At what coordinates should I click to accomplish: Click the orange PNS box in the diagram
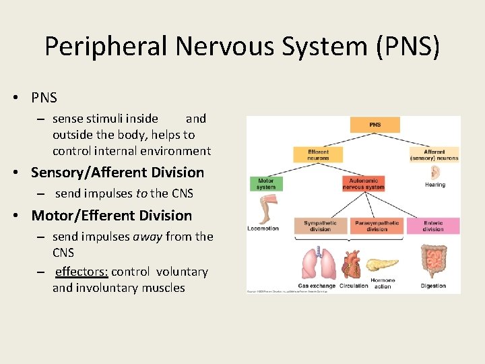pos(375,125)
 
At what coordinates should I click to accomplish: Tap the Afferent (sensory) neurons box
pos(434,155)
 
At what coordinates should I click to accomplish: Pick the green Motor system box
pos(266,183)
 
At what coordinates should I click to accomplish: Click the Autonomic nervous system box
pos(363,183)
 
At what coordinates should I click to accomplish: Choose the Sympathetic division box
pos(320,226)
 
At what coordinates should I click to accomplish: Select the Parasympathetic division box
pos(377,226)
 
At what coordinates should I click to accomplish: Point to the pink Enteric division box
pos(433,226)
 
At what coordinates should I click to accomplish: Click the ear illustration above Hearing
pos(435,172)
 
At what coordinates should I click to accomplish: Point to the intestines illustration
pos(433,261)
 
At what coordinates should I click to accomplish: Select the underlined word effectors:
pos(81,272)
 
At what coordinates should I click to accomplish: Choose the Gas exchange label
pos(316,286)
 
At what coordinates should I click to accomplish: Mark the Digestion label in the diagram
pos(433,286)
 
